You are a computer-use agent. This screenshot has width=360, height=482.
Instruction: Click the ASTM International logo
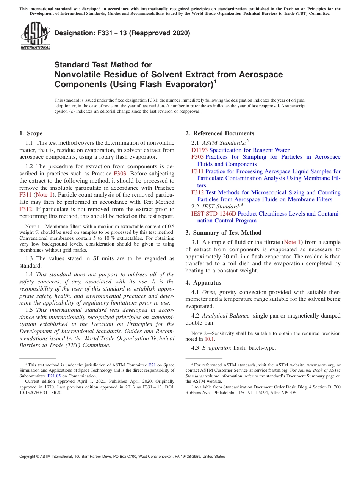click(x=35, y=36)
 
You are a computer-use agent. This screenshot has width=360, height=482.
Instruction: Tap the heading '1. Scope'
click(x=31, y=133)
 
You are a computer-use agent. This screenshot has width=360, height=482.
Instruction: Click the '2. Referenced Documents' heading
click(x=220, y=133)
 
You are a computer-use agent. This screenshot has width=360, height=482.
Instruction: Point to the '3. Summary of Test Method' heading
click(x=223, y=233)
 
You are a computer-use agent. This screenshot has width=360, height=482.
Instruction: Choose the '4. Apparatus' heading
click(x=203, y=283)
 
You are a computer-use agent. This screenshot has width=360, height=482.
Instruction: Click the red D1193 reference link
click(x=199, y=150)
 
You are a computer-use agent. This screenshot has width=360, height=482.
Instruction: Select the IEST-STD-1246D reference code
click(x=213, y=214)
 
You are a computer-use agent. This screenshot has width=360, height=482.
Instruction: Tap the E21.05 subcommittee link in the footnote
click(x=54, y=376)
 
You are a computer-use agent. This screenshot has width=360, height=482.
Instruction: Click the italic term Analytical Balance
click(x=226, y=316)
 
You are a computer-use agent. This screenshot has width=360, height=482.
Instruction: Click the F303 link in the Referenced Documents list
click(x=197, y=157)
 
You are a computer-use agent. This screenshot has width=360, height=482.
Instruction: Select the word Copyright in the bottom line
click(x=29, y=457)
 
